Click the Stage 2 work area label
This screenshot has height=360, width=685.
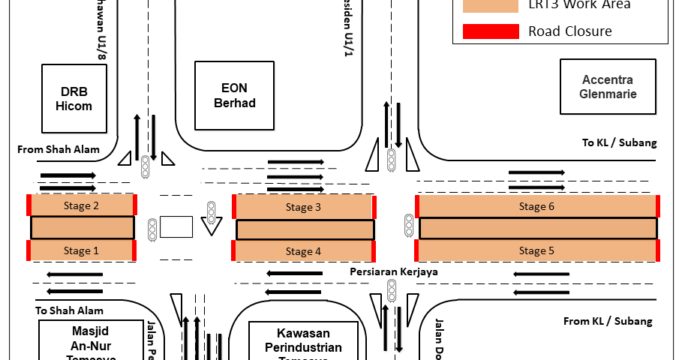point(81,205)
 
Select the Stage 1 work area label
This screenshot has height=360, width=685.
point(81,251)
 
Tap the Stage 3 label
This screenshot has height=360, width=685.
point(303,207)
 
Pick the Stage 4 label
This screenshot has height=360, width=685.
point(303,251)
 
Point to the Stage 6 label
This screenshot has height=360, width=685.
point(537,205)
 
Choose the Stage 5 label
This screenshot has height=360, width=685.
point(537,250)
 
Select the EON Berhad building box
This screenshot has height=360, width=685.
point(235,95)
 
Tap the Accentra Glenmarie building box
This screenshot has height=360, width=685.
point(608,87)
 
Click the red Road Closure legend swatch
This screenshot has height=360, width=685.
point(491,31)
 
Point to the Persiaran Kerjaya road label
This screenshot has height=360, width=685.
point(394,271)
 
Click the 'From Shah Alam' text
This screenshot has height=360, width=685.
point(59,149)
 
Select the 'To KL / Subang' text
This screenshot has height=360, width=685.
point(619,142)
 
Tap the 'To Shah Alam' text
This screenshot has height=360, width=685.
point(69,310)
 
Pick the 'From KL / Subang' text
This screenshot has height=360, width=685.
point(608,321)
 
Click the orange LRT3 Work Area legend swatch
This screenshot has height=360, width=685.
point(491,5)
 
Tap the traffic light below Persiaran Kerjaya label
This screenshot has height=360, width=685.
point(392,291)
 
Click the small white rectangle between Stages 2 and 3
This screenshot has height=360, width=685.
point(176,226)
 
